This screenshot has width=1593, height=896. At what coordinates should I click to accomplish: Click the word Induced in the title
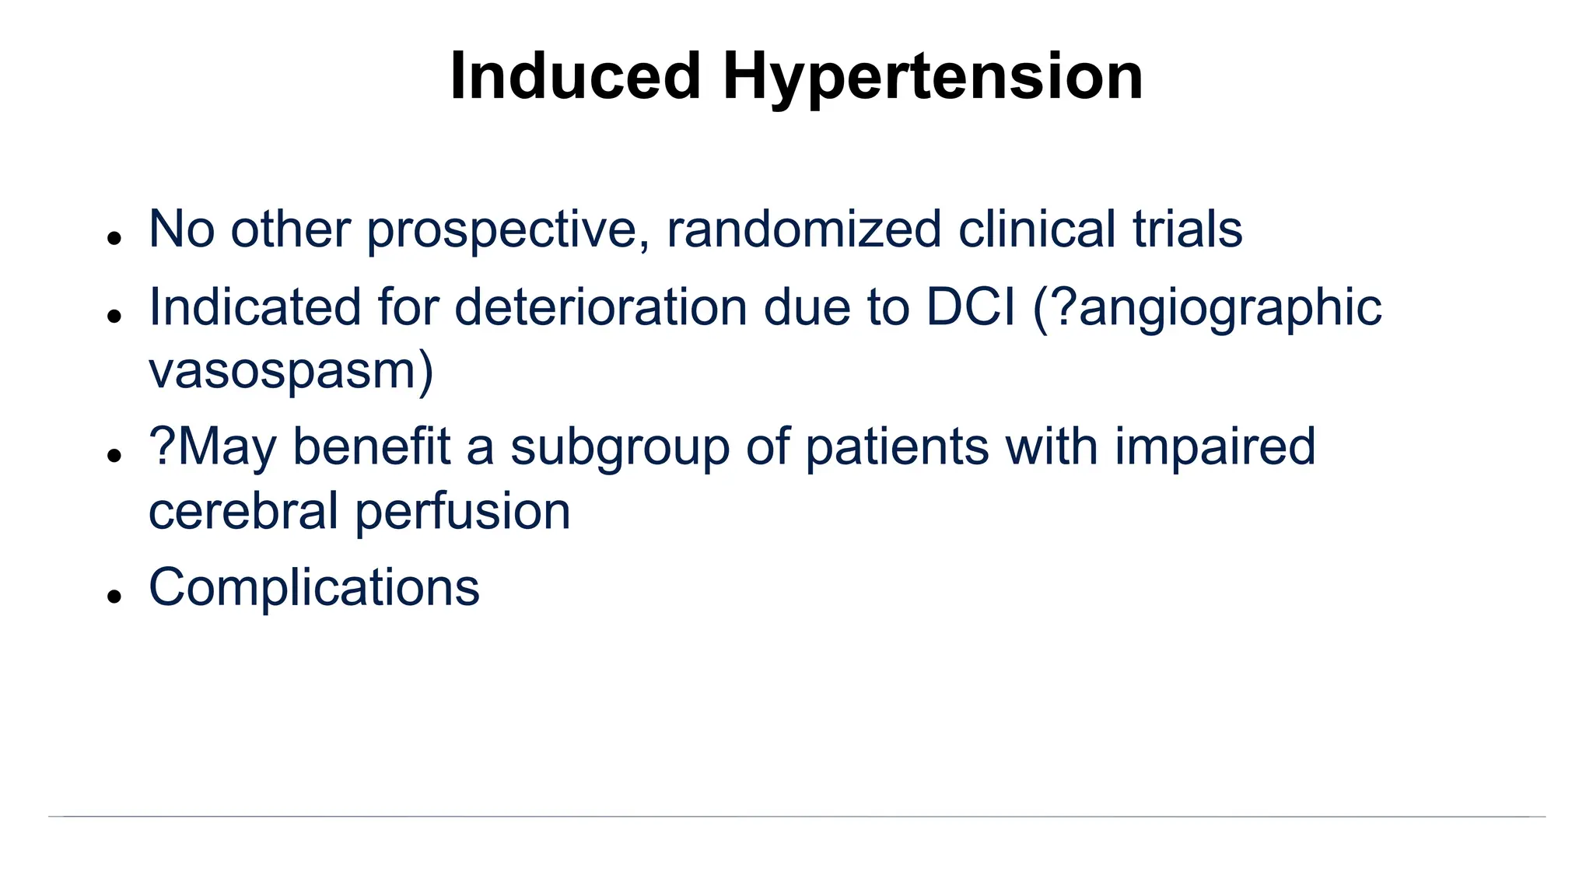point(575,76)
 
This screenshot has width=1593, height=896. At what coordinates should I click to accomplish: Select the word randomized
point(804,230)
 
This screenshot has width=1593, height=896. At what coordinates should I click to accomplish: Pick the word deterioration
point(600,307)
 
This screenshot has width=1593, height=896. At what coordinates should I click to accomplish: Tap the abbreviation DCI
point(970,307)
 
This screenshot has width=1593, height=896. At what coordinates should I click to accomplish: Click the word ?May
point(212,448)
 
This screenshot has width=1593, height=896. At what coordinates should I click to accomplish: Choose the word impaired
point(1214,448)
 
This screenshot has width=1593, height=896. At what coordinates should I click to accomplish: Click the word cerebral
point(243,511)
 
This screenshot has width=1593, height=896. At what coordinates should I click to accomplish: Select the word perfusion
point(463,513)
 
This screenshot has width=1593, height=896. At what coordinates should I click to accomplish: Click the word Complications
point(313,588)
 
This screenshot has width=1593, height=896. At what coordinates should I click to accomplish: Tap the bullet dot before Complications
point(115,597)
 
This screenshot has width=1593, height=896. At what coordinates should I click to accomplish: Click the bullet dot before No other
point(115,238)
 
